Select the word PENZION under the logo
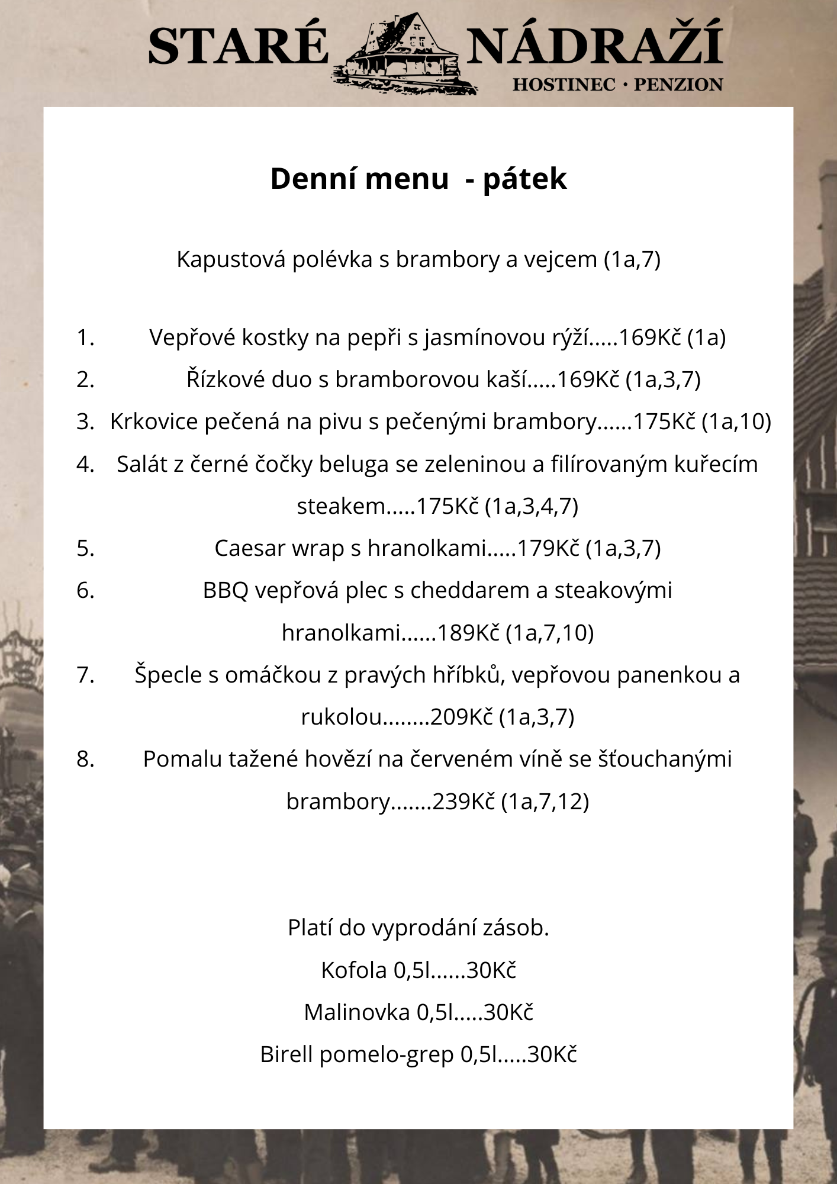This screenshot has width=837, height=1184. [x=678, y=85]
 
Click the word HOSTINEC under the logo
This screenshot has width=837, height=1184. [x=564, y=85]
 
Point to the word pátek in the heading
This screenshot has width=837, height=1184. [x=524, y=179]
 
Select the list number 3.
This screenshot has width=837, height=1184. [x=85, y=422]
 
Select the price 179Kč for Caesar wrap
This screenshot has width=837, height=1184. [x=548, y=548]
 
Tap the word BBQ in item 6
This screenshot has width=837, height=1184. [x=225, y=590]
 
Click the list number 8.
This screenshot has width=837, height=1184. [x=85, y=759]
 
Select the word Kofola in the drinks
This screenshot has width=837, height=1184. [x=353, y=970]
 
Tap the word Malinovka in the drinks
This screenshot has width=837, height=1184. [x=356, y=1012]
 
